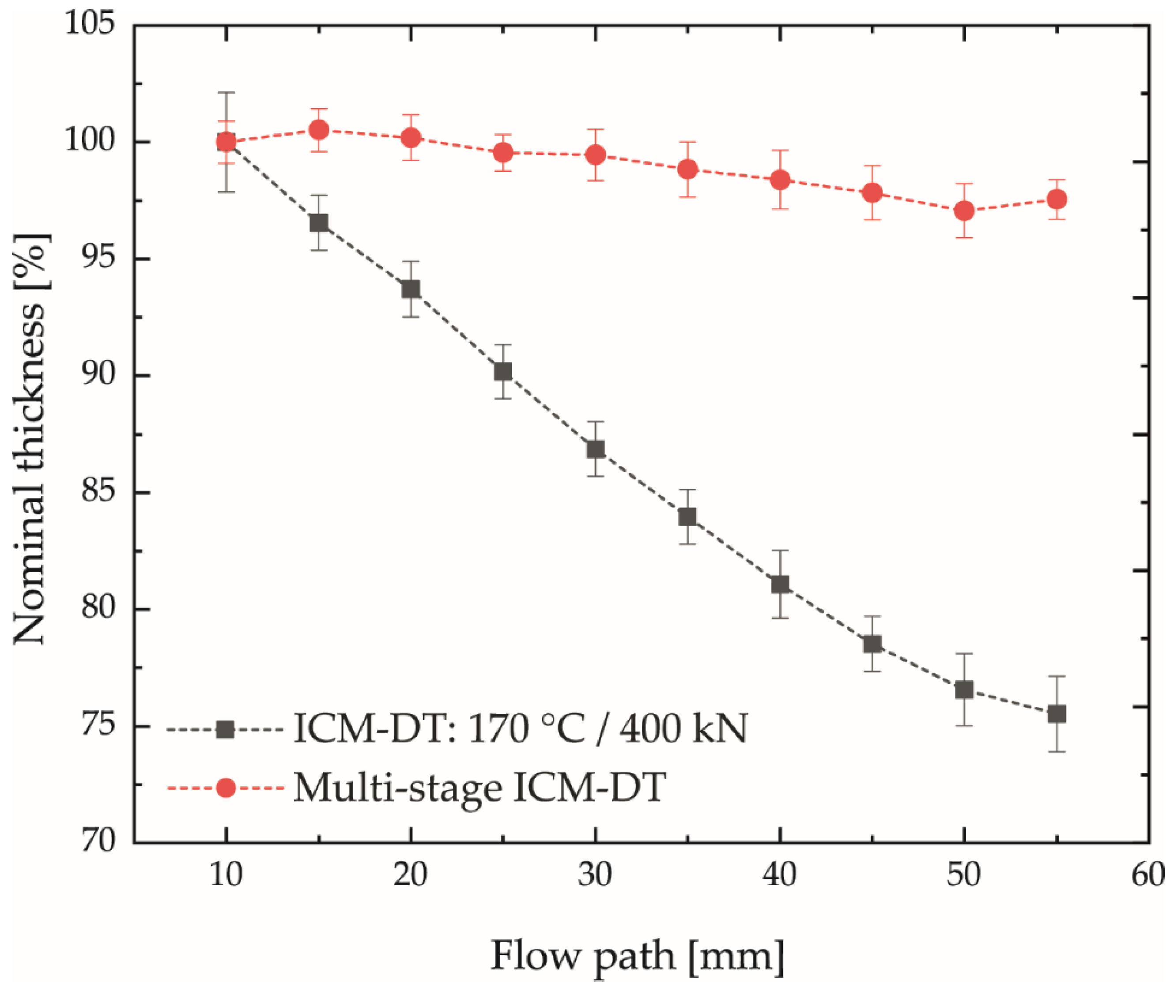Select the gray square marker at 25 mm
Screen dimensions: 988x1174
[503, 371]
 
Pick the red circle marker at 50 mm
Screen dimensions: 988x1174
[964, 211]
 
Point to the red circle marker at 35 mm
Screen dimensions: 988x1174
[688, 169]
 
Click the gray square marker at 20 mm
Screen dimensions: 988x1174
[411, 289]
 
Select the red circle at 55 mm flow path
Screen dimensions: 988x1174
[1057, 200]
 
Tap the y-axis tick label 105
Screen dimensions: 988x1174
[90, 25]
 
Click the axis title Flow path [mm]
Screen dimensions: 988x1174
[638, 956]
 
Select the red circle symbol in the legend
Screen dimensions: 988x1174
[226, 788]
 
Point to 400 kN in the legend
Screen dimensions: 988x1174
[683, 729]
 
